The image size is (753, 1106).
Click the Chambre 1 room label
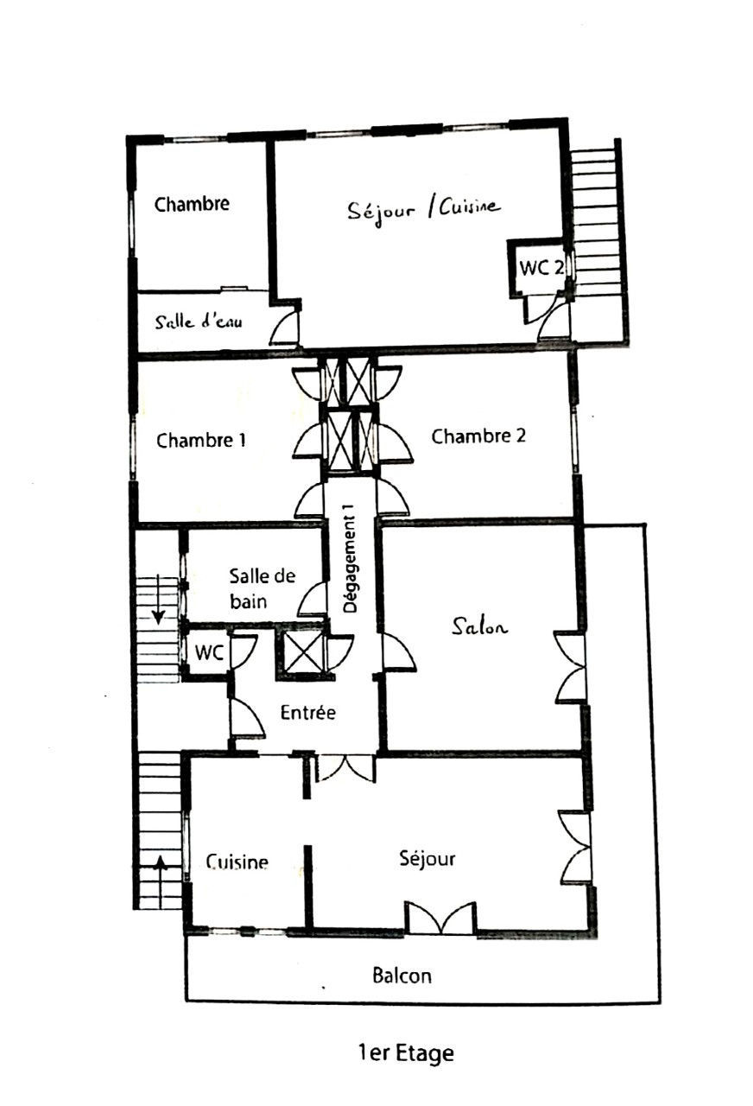point(201,440)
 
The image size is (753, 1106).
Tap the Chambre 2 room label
point(478,436)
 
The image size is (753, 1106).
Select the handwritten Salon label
point(479,626)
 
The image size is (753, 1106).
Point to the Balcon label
point(402,976)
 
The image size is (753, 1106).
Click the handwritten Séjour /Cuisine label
point(423,210)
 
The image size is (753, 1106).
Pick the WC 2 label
point(541,268)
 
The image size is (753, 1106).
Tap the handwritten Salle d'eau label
point(199,322)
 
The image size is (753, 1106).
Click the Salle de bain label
point(262,588)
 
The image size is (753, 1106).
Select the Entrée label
point(308,713)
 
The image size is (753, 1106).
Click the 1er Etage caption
point(406,1053)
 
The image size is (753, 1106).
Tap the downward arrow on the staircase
point(158,600)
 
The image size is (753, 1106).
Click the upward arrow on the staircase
point(161,882)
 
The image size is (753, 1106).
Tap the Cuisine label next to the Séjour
point(237,862)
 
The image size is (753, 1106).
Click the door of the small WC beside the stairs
point(243,653)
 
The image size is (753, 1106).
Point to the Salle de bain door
point(312,599)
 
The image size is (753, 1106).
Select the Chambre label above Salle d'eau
point(192,204)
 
